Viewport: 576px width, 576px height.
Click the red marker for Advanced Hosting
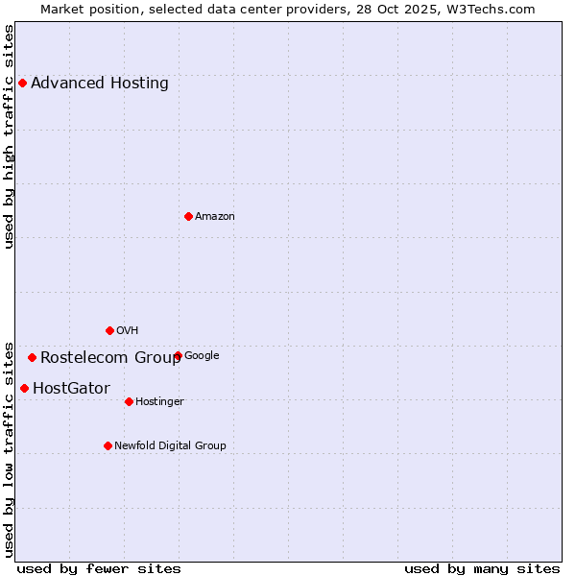(22, 83)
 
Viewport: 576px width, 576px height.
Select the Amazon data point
(188, 216)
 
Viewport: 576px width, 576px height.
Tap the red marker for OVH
(109, 330)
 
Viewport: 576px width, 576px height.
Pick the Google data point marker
(178, 355)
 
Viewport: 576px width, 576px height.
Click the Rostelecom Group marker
(32, 357)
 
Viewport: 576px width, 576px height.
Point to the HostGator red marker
(24, 388)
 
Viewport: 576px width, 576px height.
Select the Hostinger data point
(129, 401)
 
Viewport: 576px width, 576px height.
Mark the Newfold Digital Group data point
(108, 445)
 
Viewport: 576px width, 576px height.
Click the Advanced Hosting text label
(100, 83)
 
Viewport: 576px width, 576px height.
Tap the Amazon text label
(215, 216)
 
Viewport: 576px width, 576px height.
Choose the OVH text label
(128, 330)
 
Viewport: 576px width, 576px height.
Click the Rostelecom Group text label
(110, 358)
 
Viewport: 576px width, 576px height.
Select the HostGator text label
(71, 389)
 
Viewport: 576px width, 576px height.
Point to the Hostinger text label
(159, 401)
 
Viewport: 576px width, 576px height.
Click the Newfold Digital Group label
(170, 445)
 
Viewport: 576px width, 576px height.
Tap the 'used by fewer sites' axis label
(99, 568)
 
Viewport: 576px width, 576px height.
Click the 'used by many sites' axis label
(482, 568)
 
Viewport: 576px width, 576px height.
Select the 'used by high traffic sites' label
(10, 136)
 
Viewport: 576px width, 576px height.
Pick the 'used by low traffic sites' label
(10, 448)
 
